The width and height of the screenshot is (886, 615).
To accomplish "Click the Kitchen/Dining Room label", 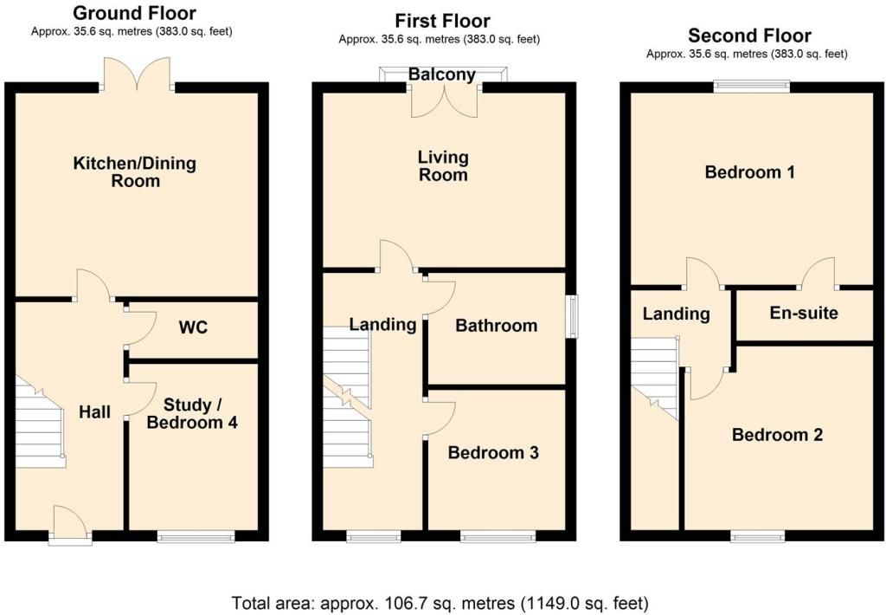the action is click(x=135, y=172).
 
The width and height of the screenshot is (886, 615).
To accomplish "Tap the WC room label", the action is click(x=193, y=327).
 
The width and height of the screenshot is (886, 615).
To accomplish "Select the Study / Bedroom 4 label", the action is click(x=192, y=413).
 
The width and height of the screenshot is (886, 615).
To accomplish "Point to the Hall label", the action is click(x=95, y=412).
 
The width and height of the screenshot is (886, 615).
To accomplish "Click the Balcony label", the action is click(x=442, y=74).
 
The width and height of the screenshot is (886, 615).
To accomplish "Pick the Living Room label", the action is click(x=443, y=165).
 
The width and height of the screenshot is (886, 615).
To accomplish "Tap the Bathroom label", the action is click(x=496, y=326).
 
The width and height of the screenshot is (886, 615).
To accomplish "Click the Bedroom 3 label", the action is click(x=493, y=453).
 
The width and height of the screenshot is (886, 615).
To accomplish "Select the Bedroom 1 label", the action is click(x=750, y=172).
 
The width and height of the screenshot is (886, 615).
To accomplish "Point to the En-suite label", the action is click(x=804, y=313).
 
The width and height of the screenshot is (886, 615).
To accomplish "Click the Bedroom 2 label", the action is click(x=777, y=435).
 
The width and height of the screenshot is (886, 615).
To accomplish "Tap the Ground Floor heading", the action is click(x=134, y=12).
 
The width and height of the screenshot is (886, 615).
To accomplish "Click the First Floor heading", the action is click(x=442, y=21).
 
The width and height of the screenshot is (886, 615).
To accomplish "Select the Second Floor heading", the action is click(x=749, y=36).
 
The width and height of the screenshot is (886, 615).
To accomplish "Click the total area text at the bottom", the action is click(x=440, y=603).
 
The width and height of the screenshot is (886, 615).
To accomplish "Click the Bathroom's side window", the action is click(x=573, y=317).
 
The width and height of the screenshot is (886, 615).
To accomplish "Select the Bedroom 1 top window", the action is click(x=752, y=86).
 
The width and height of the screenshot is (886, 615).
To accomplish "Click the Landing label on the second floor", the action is click(x=677, y=314).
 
